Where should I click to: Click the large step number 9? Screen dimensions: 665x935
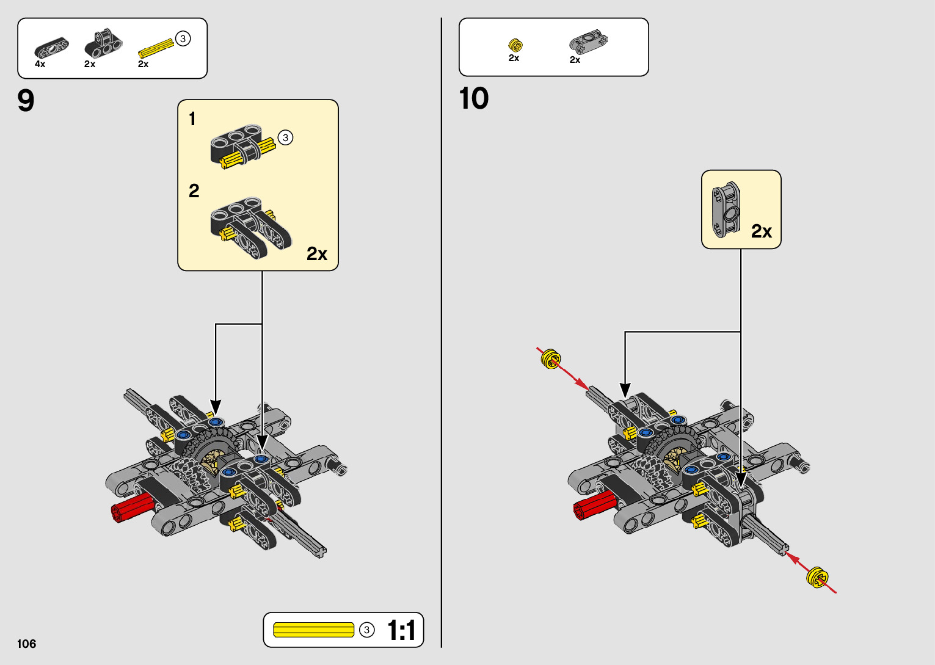[x=26, y=101]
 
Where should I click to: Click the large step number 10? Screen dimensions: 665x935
[x=474, y=98]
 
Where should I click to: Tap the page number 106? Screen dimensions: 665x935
[x=27, y=644]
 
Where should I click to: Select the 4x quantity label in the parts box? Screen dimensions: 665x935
[x=40, y=64]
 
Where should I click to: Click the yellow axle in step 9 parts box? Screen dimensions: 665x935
[x=155, y=48]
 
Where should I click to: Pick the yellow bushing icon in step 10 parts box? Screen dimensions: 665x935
[x=515, y=45]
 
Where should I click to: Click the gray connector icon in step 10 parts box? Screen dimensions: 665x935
[x=588, y=42]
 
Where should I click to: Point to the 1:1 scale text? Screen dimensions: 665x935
[x=401, y=630]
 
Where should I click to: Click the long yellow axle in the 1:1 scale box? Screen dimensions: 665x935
[x=313, y=630]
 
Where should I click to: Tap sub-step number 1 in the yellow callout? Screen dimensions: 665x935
[x=192, y=118]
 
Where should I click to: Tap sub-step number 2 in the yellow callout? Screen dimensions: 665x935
[x=194, y=191]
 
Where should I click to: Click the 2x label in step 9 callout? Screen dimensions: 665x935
[x=317, y=254]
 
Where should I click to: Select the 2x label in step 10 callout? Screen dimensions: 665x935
[x=762, y=231]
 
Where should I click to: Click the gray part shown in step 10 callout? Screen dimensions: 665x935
[x=726, y=209]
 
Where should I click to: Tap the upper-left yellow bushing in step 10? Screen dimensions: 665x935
[x=550, y=358]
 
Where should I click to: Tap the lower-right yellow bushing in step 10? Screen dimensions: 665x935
[x=817, y=577]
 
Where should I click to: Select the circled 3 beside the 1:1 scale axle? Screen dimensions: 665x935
[x=366, y=630]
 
